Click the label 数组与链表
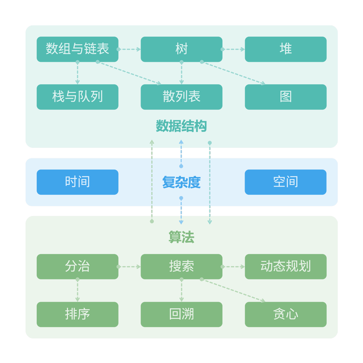pos(78,49)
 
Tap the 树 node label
pos(181,49)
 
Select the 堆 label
pos(285,49)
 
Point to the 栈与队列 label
pos(78,97)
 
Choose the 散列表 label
pos(181,97)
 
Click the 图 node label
pos(285,97)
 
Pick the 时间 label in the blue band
pos(78,182)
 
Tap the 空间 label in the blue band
pos(285,182)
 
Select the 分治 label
pos(78,266)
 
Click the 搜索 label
pos(181,266)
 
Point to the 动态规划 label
pos(285,266)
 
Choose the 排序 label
pos(78,314)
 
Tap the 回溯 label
pos(181,314)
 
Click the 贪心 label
pos(285,314)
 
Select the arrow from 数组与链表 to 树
pos(129,49)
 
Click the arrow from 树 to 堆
pos(233,49)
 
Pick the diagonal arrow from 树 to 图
pos(233,73)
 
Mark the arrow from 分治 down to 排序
pos(78,290)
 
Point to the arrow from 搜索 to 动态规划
pos(233,267)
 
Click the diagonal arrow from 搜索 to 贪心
pos(233,290)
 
